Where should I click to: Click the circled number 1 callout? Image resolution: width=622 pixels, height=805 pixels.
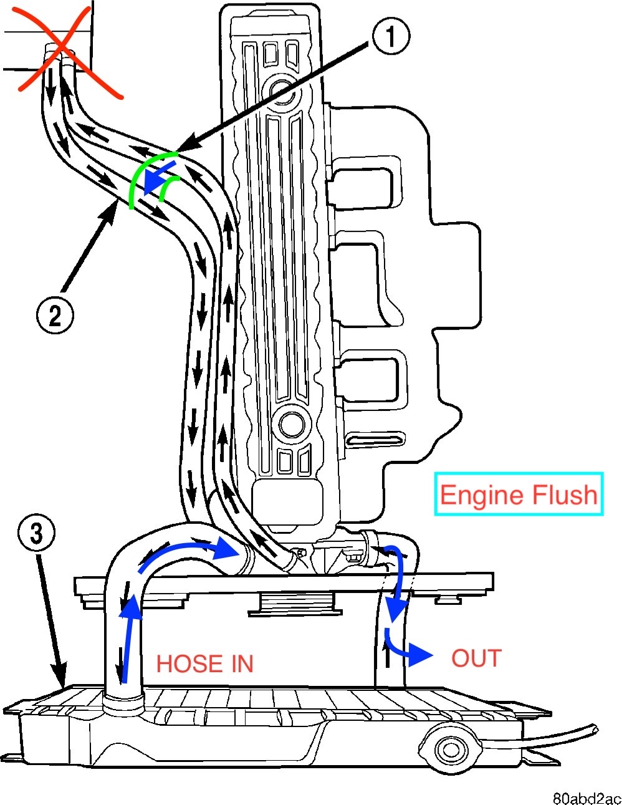point(391,36)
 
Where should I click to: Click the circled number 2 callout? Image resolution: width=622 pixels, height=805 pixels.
point(55,314)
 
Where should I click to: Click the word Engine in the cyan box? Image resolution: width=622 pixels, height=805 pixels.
point(479,495)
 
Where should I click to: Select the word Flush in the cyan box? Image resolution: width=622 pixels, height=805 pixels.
point(563,495)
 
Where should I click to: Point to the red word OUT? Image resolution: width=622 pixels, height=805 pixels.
point(476,658)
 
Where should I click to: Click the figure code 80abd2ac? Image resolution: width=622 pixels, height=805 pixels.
point(586,798)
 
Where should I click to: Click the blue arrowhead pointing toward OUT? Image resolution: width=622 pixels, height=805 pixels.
point(423,655)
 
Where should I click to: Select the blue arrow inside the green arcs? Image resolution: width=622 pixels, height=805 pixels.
point(156,178)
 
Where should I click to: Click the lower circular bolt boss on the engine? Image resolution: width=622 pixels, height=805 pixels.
point(291,424)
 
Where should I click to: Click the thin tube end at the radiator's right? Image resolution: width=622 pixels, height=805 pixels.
point(594,728)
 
